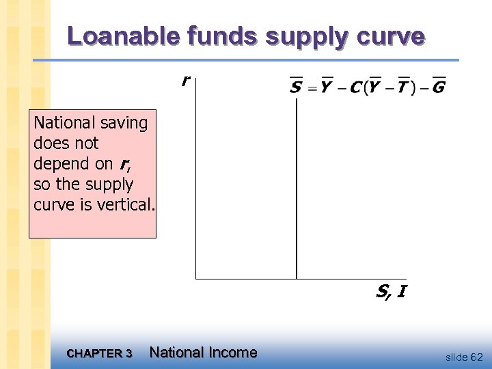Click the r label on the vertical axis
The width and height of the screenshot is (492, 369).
coord(184,81)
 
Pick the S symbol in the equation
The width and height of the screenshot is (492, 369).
coord(297,87)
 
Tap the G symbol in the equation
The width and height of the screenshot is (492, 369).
coord(439,87)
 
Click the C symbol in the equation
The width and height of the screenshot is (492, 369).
coord(355,87)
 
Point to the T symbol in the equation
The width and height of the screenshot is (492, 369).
coord(402,87)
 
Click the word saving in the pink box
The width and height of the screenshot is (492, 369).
coord(122,124)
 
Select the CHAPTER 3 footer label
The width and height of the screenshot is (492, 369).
coord(100,353)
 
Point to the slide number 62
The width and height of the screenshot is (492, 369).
coord(476,357)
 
